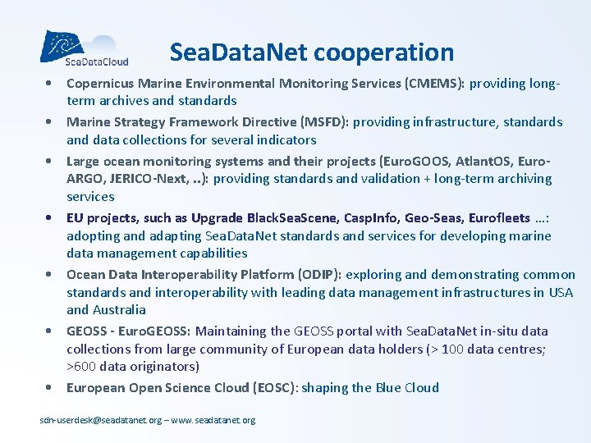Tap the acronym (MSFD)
(319, 122)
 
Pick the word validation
(350, 179)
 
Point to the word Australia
(118, 310)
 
